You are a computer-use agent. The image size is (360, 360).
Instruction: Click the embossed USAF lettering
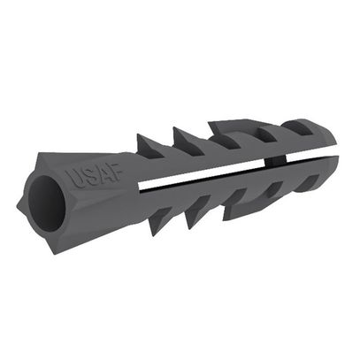(95, 176)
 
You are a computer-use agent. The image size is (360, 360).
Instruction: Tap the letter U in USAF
(75, 180)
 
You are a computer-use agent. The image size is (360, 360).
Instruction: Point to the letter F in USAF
(115, 172)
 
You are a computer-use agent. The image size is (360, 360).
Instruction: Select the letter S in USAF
(88, 178)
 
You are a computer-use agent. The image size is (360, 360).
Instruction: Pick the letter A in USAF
(102, 174)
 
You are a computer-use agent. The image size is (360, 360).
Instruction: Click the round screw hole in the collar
(47, 203)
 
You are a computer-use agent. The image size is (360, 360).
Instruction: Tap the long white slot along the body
(201, 176)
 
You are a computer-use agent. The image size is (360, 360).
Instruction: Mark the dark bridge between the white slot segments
(275, 161)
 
